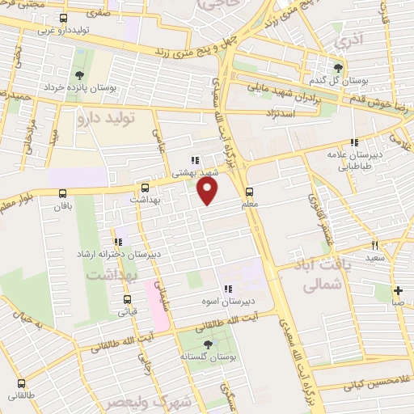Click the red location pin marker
pos(209,191)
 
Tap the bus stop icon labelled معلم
pos(249,192)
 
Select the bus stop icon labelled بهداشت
pos(146,186)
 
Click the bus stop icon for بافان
pos(63,193)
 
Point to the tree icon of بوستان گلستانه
pos(209,344)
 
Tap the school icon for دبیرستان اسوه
pos(228,288)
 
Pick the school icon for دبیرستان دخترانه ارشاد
pos(119,241)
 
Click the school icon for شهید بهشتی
pos(194,160)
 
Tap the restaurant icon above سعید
pos(374,244)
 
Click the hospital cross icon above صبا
pos(397,290)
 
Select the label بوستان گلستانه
pos(209,357)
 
